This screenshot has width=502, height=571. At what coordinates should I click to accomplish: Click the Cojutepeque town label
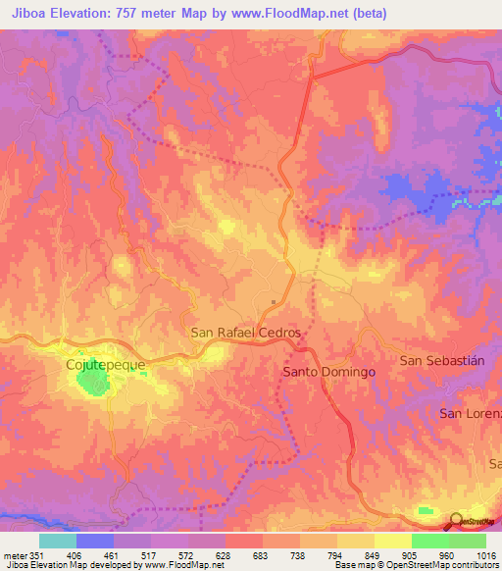point(105,364)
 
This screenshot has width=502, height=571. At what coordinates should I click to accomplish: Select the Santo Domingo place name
point(328,373)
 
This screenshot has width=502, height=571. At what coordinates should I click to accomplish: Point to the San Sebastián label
point(442,361)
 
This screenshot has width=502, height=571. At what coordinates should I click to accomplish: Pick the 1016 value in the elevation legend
point(485,554)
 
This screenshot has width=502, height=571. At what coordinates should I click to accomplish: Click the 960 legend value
point(448,554)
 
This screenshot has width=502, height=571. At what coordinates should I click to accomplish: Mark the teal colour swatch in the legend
point(57,541)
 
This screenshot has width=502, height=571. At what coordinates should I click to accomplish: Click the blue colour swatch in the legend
point(94,541)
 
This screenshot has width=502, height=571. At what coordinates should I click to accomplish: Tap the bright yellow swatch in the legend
point(392,541)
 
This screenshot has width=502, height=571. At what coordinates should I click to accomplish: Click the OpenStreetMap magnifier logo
point(456,521)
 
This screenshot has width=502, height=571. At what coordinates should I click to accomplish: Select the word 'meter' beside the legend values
point(14,554)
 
